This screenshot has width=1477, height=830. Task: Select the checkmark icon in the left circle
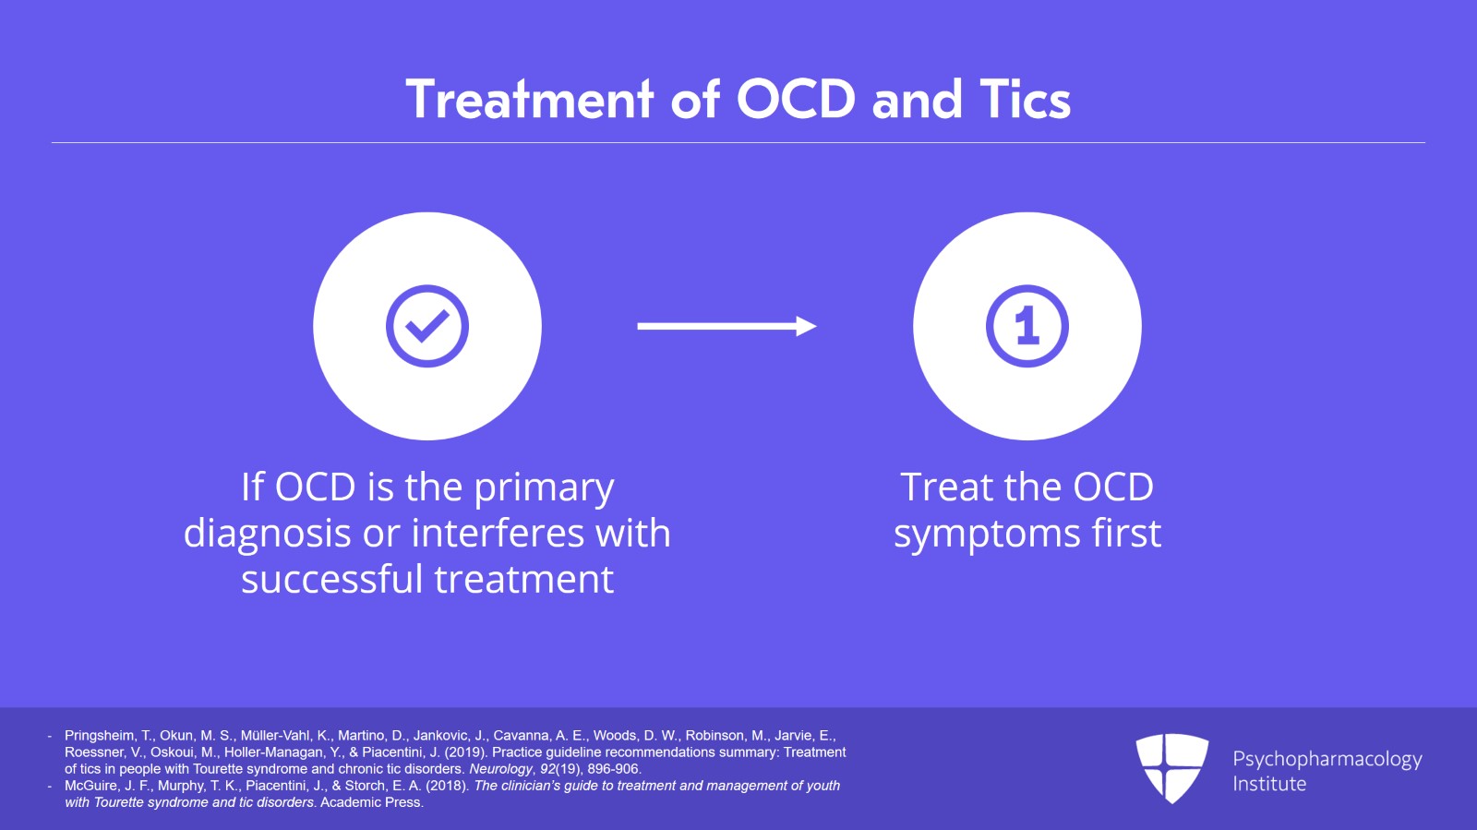coord(427,326)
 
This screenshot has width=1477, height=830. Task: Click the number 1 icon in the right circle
coord(1027,326)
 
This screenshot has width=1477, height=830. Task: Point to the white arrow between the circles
coord(726,326)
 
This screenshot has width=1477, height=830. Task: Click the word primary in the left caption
coord(544,488)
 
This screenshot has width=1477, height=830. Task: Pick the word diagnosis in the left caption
coord(267,534)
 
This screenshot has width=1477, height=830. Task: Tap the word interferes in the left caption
coord(498,533)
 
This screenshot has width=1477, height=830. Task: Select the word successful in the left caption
coord(331,579)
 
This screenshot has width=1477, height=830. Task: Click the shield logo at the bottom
coord(1172,768)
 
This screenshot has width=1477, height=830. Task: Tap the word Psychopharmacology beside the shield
coord(1327,760)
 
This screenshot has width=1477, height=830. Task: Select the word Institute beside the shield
coord(1269,784)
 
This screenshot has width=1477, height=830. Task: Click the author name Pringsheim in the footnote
coord(100,736)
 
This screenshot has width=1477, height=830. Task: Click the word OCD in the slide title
coord(796,100)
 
